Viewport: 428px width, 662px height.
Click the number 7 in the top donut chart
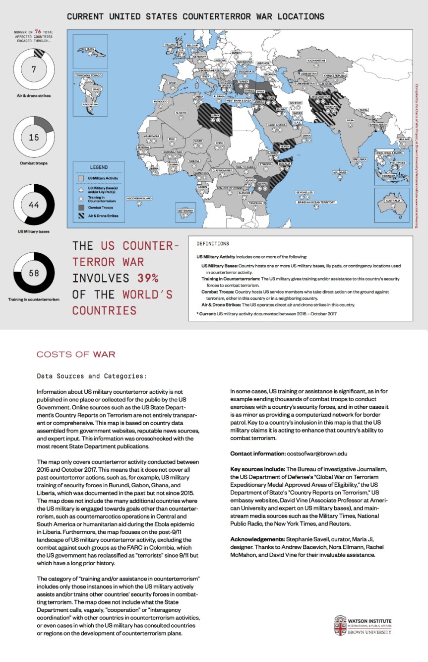point(34,69)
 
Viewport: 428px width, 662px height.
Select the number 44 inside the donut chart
point(34,205)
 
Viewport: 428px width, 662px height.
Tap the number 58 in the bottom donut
point(34,273)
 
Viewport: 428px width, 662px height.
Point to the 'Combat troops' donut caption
point(34,163)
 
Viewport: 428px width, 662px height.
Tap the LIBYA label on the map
point(215,115)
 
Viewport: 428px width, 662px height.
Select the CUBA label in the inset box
point(90,49)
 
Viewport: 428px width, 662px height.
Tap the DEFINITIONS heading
point(213,244)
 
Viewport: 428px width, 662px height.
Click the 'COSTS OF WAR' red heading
point(76,354)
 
